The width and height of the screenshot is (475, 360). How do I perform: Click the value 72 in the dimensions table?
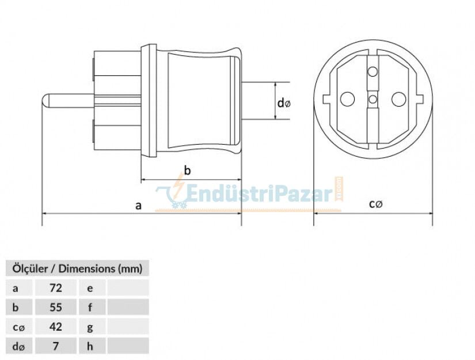click(56, 287)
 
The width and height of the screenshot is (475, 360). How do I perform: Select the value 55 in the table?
click(56, 307)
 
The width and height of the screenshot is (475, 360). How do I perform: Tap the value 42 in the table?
click(56, 327)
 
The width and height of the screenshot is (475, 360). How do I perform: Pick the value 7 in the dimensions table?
click(56, 346)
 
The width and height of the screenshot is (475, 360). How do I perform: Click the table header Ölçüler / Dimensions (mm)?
click(77, 268)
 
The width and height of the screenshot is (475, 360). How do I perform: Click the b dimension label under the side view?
click(187, 170)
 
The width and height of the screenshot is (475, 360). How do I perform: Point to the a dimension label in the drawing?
click(138, 204)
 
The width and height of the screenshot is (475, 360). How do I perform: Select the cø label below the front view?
click(376, 203)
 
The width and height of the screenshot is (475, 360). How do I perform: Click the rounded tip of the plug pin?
click(45, 100)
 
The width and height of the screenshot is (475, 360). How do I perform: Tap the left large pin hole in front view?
click(347, 99)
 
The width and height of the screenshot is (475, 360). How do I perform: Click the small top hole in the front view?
click(373, 73)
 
